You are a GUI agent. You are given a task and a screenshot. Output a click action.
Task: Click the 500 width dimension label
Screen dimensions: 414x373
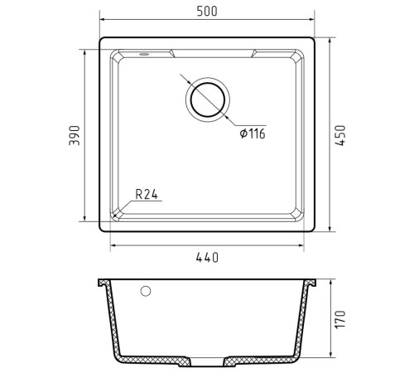click(207, 11)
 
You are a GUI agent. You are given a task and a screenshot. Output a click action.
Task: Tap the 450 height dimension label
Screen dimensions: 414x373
click(340, 135)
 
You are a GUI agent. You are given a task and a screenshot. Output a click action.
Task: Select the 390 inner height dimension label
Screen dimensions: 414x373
click(75, 135)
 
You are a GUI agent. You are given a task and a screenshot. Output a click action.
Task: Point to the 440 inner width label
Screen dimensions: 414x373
click(207, 258)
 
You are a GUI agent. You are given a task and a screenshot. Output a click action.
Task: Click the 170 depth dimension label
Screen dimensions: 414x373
click(340, 319)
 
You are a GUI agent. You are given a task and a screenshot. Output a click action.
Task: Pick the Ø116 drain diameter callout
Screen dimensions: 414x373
click(253, 133)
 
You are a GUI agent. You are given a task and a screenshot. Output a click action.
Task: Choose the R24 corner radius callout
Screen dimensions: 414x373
click(147, 194)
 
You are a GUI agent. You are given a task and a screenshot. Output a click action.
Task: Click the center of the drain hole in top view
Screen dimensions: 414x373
click(208, 99)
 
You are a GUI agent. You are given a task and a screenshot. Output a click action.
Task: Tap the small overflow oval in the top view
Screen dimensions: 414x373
click(144, 54)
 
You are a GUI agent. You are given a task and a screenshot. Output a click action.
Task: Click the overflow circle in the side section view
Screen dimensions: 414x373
click(146, 291)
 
